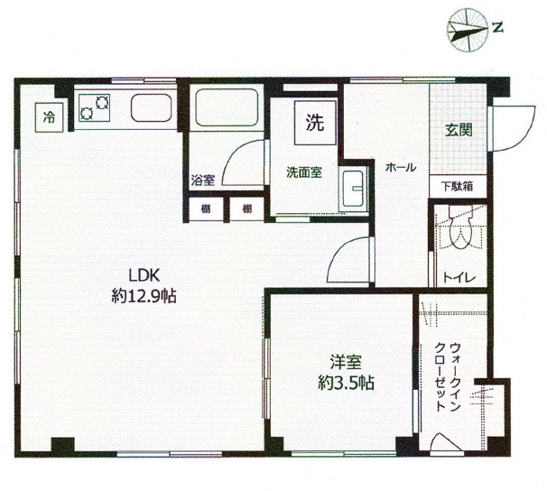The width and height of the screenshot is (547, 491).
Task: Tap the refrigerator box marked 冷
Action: (49, 117)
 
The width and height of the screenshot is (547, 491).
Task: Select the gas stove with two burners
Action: (95, 107)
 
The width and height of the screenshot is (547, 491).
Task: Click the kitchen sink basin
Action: (152, 107)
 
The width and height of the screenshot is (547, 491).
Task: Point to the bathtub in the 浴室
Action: (227, 107)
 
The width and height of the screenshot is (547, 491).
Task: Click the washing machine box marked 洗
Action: (315, 123)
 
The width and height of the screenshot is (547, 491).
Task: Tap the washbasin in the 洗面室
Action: (353, 189)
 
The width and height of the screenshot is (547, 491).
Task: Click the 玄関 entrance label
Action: (459, 131)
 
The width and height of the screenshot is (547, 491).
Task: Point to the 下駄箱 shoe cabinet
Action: (458, 187)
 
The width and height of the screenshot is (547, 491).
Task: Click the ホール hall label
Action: (401, 168)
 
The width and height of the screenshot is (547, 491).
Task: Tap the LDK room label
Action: (144, 275)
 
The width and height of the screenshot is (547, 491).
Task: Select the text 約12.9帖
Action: (144, 296)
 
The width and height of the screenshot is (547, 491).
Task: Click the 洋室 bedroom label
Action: (346, 362)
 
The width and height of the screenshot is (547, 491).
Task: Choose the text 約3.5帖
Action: (346, 384)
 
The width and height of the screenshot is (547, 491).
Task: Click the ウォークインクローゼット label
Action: (449, 377)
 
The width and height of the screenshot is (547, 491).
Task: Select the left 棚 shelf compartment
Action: (206, 209)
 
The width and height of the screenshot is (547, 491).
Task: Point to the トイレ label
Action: (459, 278)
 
